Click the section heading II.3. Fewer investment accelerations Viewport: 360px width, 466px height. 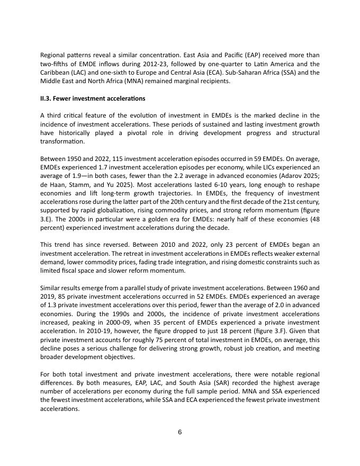[x=93, y=98]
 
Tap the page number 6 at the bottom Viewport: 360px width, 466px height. [x=180, y=432]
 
